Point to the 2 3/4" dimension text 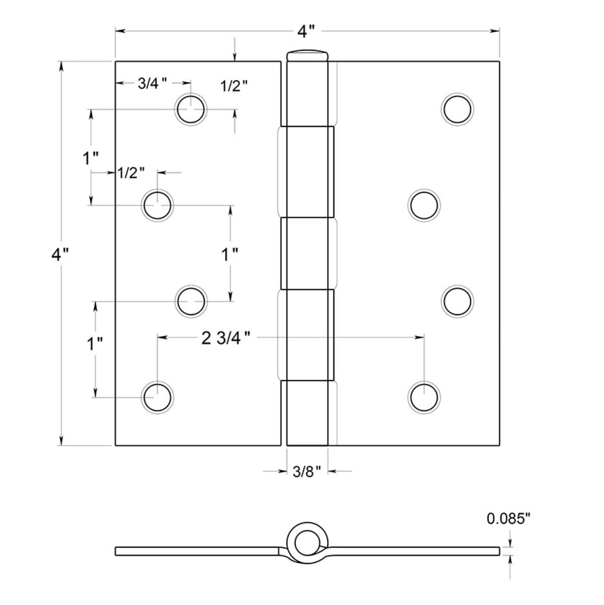coord(226,338)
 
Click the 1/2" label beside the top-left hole coord(235,86)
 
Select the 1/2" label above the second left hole coord(131,173)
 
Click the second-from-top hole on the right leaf coord(424,205)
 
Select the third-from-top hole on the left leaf coord(191,301)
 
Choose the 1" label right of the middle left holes coord(231,254)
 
